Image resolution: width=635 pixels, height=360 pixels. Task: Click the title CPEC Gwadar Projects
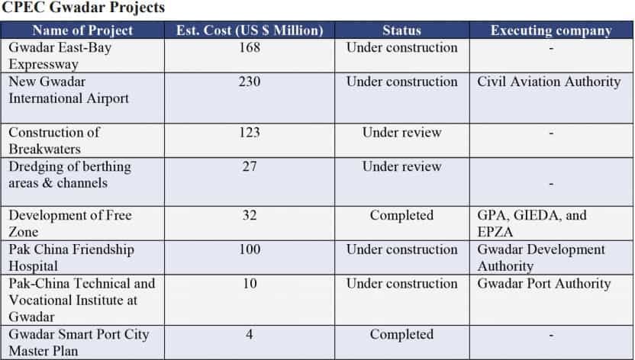click(83, 8)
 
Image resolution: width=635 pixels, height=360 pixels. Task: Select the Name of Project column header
click(82, 31)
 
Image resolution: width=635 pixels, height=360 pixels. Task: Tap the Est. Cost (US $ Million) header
click(250, 31)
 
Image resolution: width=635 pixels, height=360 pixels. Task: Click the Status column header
click(401, 31)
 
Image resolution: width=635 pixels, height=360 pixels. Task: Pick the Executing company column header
click(551, 31)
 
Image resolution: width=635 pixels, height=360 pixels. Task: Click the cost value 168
click(250, 47)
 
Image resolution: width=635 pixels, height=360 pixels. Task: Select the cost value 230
click(250, 82)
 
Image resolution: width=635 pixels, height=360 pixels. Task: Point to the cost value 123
click(250, 132)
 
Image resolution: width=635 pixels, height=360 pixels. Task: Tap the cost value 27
click(250, 166)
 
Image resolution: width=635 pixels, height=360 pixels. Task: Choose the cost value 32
click(250, 215)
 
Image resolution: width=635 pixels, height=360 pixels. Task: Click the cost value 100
click(250, 249)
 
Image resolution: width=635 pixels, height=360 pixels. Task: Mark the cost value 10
click(250, 284)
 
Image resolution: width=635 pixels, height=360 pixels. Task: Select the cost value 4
click(250, 334)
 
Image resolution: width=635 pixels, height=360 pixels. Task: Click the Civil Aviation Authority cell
click(550, 82)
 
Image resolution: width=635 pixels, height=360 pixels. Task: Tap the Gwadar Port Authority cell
click(544, 284)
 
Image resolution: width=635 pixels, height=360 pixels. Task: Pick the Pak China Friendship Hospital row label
click(71, 258)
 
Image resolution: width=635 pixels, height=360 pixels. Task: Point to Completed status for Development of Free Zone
click(401, 215)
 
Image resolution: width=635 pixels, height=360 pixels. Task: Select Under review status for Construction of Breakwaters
click(401, 132)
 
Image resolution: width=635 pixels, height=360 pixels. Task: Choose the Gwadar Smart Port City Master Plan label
click(79, 342)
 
